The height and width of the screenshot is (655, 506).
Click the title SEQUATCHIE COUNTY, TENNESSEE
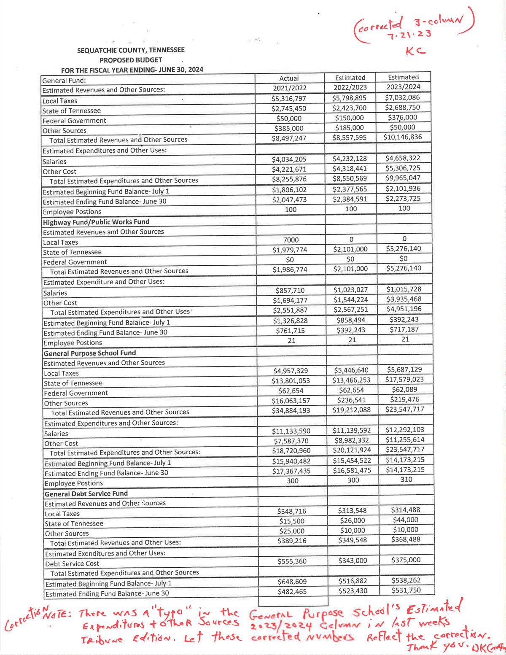click(131, 50)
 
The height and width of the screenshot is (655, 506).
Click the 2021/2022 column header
click(289, 88)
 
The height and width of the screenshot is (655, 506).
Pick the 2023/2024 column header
click(404, 87)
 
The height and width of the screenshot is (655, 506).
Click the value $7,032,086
click(403, 97)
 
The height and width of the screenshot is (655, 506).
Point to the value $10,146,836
click(403, 137)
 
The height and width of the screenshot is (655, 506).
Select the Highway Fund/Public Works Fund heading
click(96, 222)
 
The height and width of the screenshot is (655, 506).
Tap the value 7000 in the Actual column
click(291, 240)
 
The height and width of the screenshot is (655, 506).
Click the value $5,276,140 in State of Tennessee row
click(404, 249)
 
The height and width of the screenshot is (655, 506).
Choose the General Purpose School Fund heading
click(90, 353)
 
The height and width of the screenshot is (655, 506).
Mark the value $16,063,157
click(291, 401)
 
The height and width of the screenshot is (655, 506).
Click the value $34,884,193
click(291, 410)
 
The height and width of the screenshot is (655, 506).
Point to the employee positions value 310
click(406, 480)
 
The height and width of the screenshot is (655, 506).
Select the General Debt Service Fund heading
click(86, 493)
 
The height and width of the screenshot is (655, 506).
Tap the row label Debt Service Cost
click(72, 564)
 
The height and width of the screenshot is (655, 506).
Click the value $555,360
click(292, 561)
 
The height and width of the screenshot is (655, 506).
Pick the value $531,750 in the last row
click(406, 590)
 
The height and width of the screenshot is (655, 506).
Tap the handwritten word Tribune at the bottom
click(102, 639)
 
